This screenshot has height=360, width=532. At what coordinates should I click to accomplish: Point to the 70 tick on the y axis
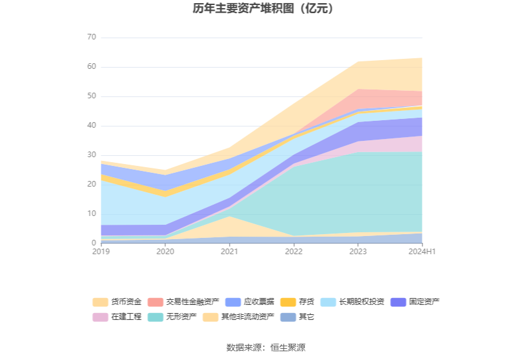coord(91,38)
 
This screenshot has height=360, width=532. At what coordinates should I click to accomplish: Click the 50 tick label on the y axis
coord(91,96)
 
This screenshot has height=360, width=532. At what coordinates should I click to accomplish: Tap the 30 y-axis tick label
coord(91,155)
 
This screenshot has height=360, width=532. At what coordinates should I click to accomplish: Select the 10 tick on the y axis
coord(91,214)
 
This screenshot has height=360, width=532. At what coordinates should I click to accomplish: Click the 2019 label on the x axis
coord(101,252)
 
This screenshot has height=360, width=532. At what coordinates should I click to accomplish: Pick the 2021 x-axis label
coord(229,252)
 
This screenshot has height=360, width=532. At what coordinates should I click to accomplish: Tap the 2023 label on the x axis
coord(358,252)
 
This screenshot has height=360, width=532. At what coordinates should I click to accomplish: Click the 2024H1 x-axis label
coord(421,252)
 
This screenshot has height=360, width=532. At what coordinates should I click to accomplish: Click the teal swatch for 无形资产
coord(156,317)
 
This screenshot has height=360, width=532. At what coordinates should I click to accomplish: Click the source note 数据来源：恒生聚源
coord(266,347)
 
